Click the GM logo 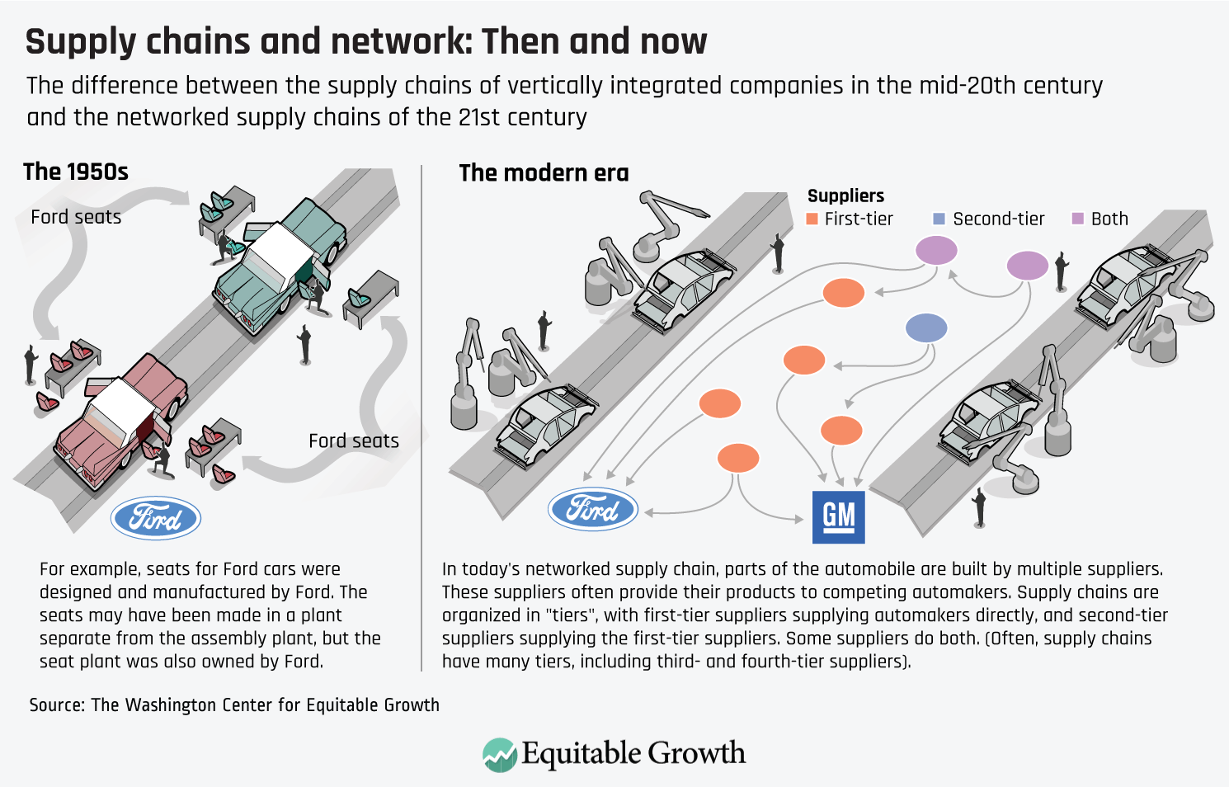[838, 517]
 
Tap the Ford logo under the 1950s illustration [156, 518]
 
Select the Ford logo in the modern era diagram [593, 509]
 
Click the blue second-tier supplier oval [926, 328]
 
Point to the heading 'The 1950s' [76, 172]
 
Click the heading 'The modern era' [544, 173]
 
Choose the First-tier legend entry [850, 219]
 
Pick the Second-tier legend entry [989, 219]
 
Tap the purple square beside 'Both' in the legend [1077, 219]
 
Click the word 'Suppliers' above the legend [845, 196]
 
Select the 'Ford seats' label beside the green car [76, 217]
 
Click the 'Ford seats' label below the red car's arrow [354, 441]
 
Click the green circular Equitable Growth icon [500, 755]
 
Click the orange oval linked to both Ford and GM [738, 459]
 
